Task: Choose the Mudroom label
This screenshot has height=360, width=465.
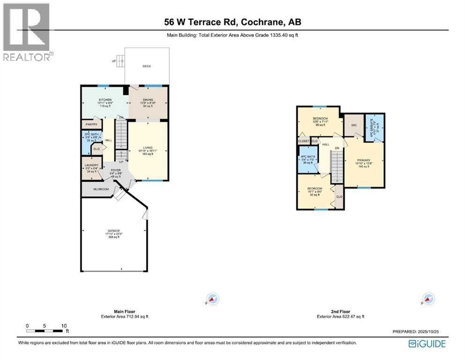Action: tap(101, 189)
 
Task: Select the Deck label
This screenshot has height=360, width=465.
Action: tap(147, 67)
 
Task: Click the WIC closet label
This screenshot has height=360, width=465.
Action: tap(354, 125)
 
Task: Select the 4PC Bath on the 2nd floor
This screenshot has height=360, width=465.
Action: tap(308, 159)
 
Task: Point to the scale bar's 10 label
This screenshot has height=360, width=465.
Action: tap(64, 326)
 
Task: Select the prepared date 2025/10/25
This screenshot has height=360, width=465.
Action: tap(415, 331)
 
